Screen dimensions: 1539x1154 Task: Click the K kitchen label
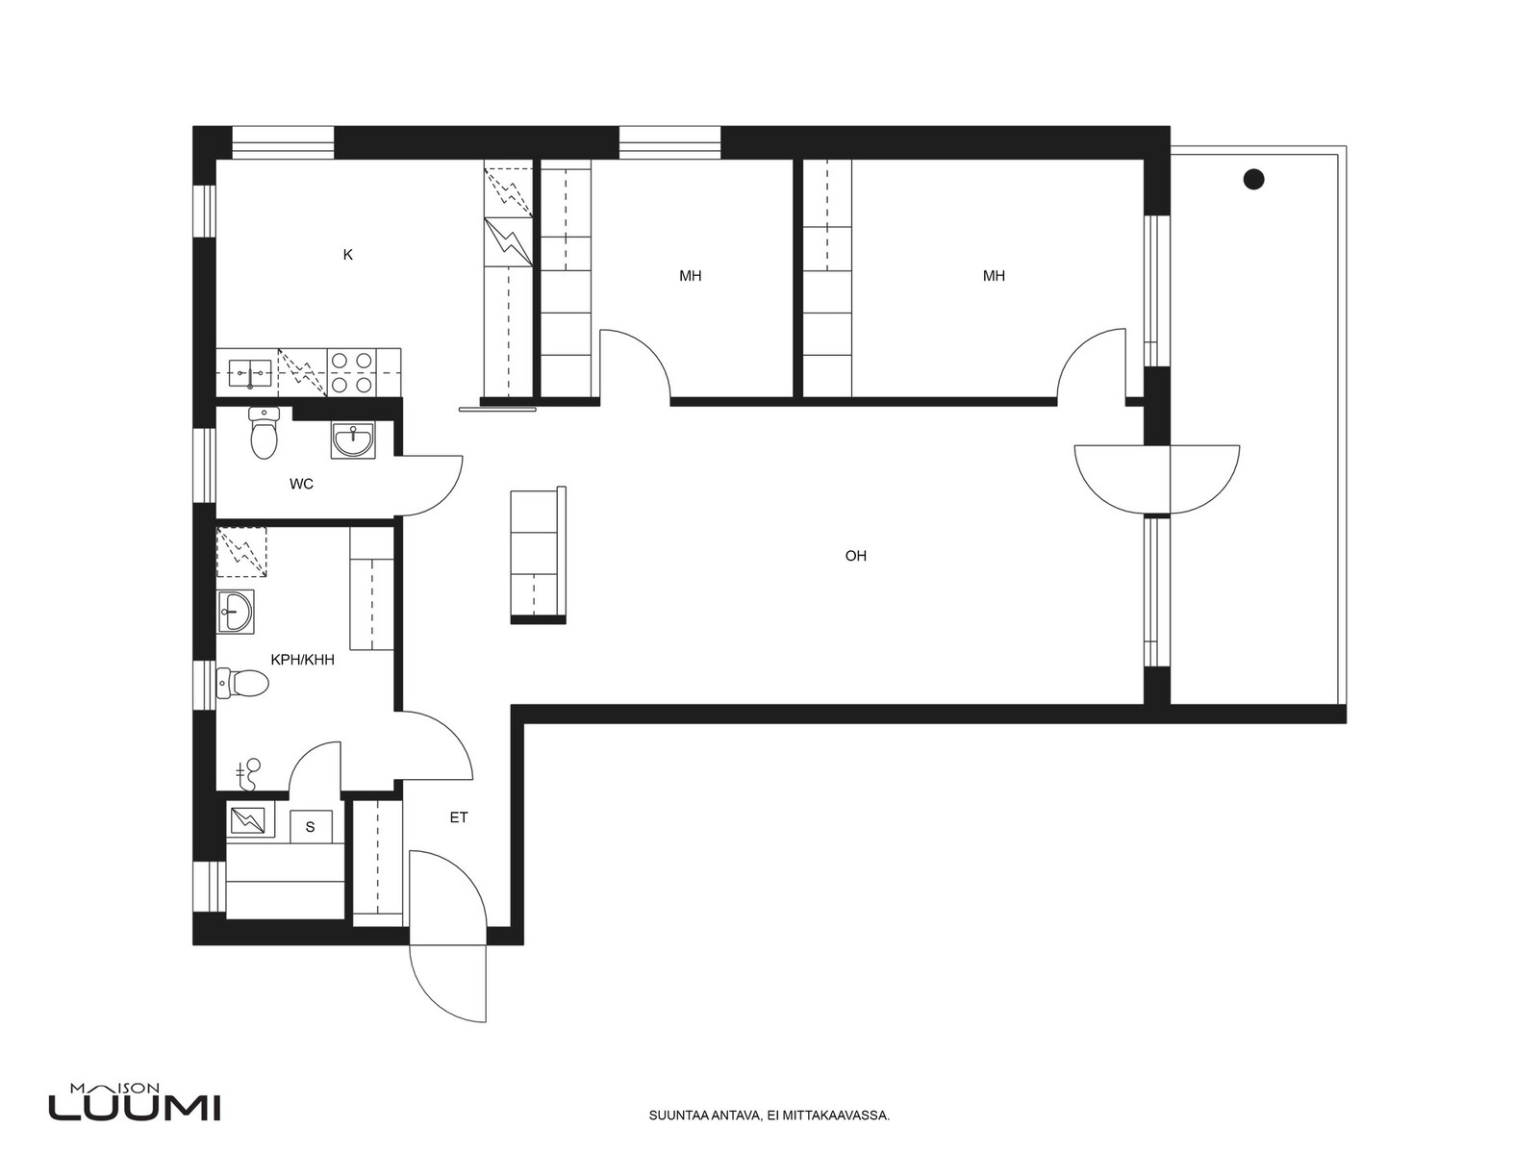tap(348, 255)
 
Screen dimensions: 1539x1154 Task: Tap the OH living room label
tap(855, 557)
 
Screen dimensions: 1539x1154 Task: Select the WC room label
tap(301, 484)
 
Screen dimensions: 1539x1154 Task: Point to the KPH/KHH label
tap(302, 660)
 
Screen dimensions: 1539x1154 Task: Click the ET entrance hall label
tap(459, 817)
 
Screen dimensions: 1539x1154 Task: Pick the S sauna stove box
tap(310, 827)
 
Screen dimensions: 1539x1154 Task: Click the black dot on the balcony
tap(1253, 180)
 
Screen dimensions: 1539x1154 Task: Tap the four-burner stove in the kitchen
tap(352, 373)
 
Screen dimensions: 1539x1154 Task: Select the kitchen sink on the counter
tap(250, 373)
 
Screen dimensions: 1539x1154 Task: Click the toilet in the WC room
tap(264, 433)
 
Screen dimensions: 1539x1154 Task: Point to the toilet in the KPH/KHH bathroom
tap(242, 683)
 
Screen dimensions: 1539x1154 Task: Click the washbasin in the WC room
tap(353, 440)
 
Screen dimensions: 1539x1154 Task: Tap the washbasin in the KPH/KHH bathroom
tap(236, 612)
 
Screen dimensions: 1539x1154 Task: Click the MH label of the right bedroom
tap(994, 276)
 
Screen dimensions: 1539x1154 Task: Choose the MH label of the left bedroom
tap(690, 276)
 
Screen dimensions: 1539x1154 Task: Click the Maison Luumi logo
tap(135, 1106)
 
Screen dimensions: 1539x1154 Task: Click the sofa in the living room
tap(538, 555)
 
